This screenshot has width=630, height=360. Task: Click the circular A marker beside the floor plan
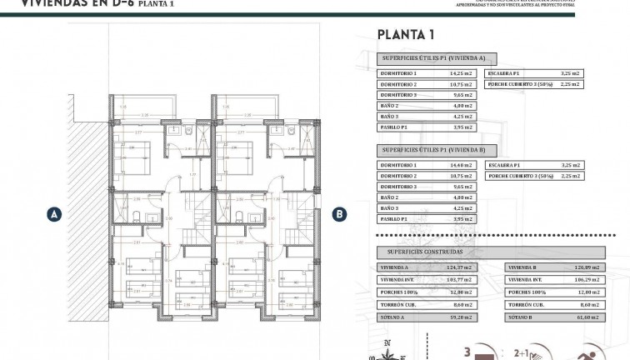(x=54, y=214)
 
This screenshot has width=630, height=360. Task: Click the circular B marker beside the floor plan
(x=339, y=214)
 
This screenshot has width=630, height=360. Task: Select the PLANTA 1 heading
(x=406, y=35)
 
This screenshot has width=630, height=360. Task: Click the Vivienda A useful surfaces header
(x=437, y=59)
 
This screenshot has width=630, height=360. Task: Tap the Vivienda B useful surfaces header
(x=437, y=151)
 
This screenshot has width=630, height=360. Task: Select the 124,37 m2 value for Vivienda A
(x=460, y=268)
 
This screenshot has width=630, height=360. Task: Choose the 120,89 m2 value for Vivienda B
(x=589, y=268)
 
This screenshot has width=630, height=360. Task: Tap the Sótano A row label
(x=392, y=317)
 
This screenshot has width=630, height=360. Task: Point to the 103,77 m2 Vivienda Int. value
(x=460, y=281)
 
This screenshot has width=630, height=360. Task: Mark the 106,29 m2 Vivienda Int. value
(x=589, y=281)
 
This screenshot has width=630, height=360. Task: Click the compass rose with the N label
(x=387, y=352)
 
